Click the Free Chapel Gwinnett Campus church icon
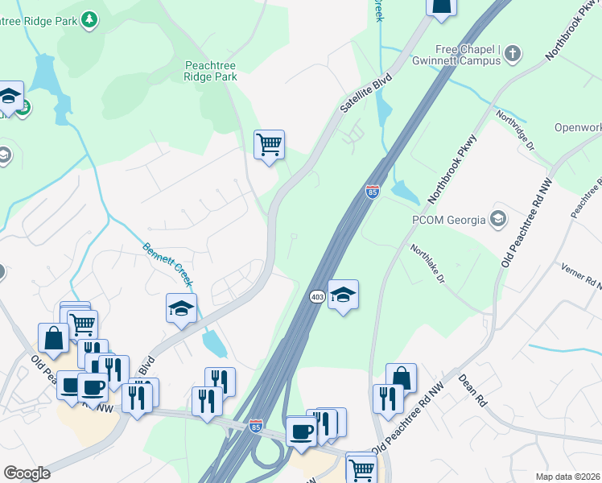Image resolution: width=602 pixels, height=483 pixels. [513, 54]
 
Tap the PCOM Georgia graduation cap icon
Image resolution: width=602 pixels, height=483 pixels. [498, 219]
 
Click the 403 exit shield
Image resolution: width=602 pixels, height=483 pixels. [316, 296]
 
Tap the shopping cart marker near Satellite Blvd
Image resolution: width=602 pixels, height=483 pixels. [269, 146]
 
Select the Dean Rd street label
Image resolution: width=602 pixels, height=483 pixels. [473, 390]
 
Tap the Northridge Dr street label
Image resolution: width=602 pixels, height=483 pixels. [515, 130]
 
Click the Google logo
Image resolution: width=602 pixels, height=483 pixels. [27, 473]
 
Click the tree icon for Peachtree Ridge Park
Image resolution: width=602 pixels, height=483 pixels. [90, 18]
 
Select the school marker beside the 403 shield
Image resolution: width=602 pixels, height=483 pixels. [343, 295]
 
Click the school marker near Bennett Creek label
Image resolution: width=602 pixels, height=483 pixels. [181, 308]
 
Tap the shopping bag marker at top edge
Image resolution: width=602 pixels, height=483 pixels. [442, 6]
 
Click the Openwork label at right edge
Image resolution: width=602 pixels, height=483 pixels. [577, 127]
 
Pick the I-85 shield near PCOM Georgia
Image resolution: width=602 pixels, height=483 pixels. [372, 192]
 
